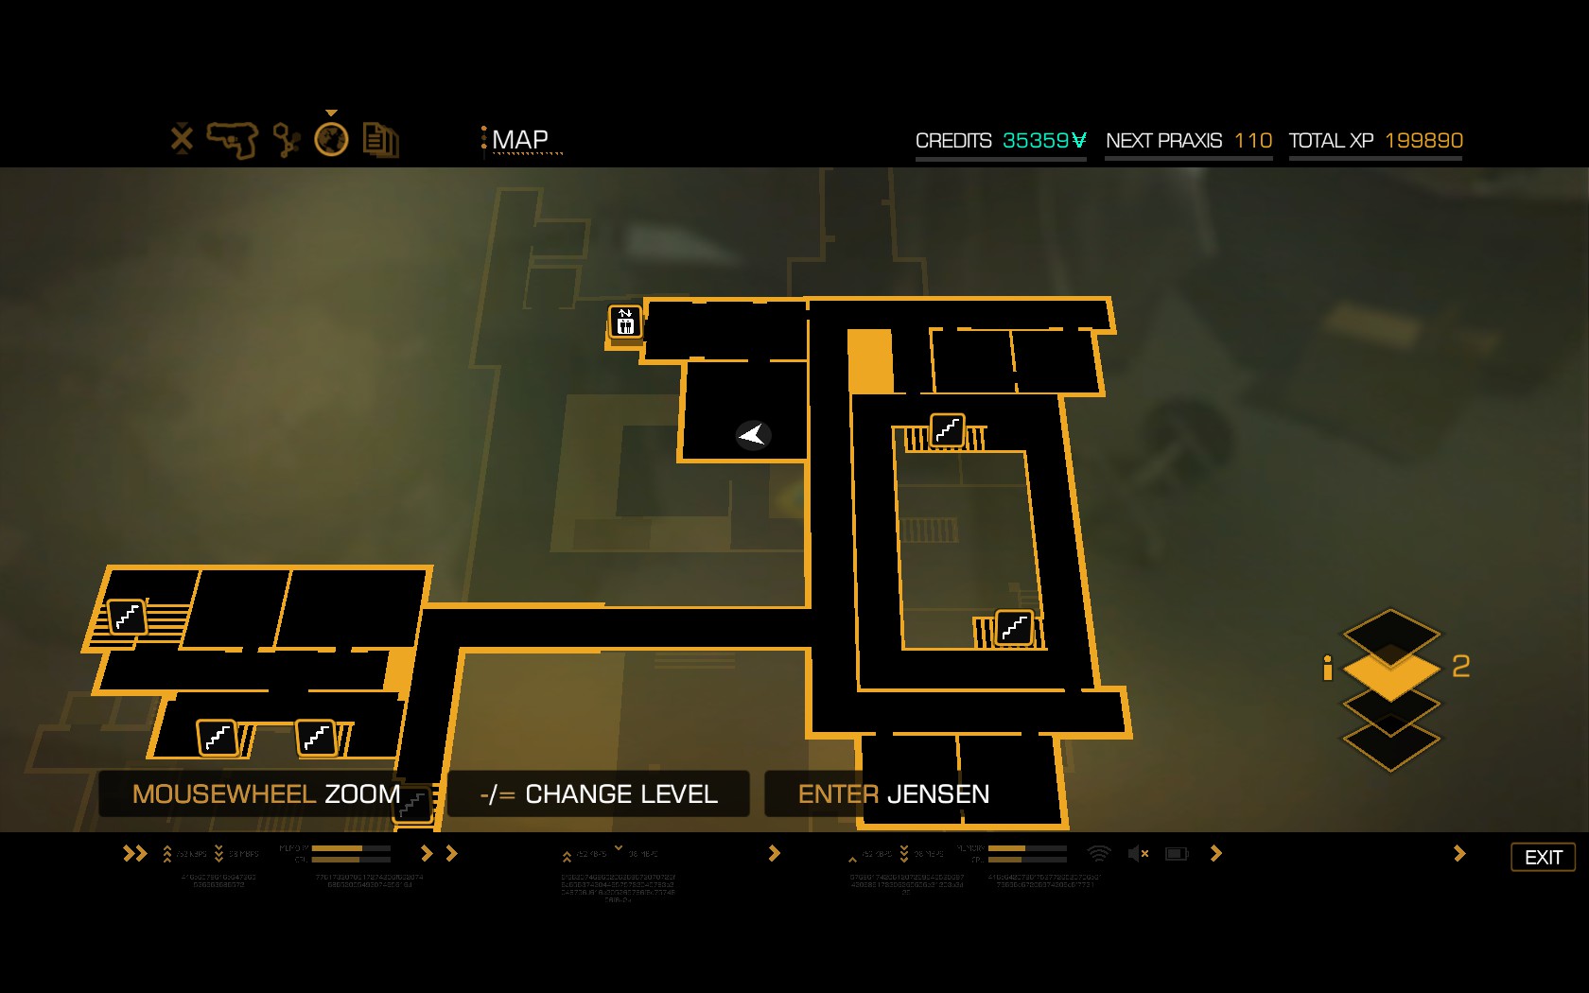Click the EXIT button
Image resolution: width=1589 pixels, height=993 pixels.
click(x=1543, y=857)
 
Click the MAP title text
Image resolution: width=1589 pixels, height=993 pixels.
click(x=519, y=140)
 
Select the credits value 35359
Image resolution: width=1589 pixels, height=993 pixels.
click(x=1044, y=141)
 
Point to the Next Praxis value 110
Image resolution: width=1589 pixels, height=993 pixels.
click(x=1253, y=141)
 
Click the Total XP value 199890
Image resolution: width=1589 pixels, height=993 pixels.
click(x=1423, y=141)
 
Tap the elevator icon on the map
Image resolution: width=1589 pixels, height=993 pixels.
click(x=625, y=322)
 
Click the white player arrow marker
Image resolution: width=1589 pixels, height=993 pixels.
click(x=753, y=434)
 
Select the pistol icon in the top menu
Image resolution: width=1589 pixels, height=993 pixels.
click(x=233, y=140)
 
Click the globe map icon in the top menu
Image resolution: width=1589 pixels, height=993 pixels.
click(x=331, y=140)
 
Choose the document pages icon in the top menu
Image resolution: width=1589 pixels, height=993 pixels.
click(x=380, y=141)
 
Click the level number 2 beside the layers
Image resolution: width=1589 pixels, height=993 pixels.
click(x=1460, y=667)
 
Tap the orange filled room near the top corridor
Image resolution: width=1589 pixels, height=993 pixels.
click(x=869, y=360)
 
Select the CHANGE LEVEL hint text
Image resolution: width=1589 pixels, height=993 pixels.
click(x=620, y=794)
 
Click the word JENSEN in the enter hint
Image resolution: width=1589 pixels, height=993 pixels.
click(x=938, y=794)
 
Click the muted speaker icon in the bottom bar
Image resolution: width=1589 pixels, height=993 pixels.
click(x=1138, y=854)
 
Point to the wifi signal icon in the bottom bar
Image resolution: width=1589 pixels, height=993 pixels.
click(x=1098, y=854)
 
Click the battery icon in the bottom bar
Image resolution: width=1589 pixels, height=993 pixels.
click(x=1177, y=854)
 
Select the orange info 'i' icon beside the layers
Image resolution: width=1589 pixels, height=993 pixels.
click(x=1328, y=668)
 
